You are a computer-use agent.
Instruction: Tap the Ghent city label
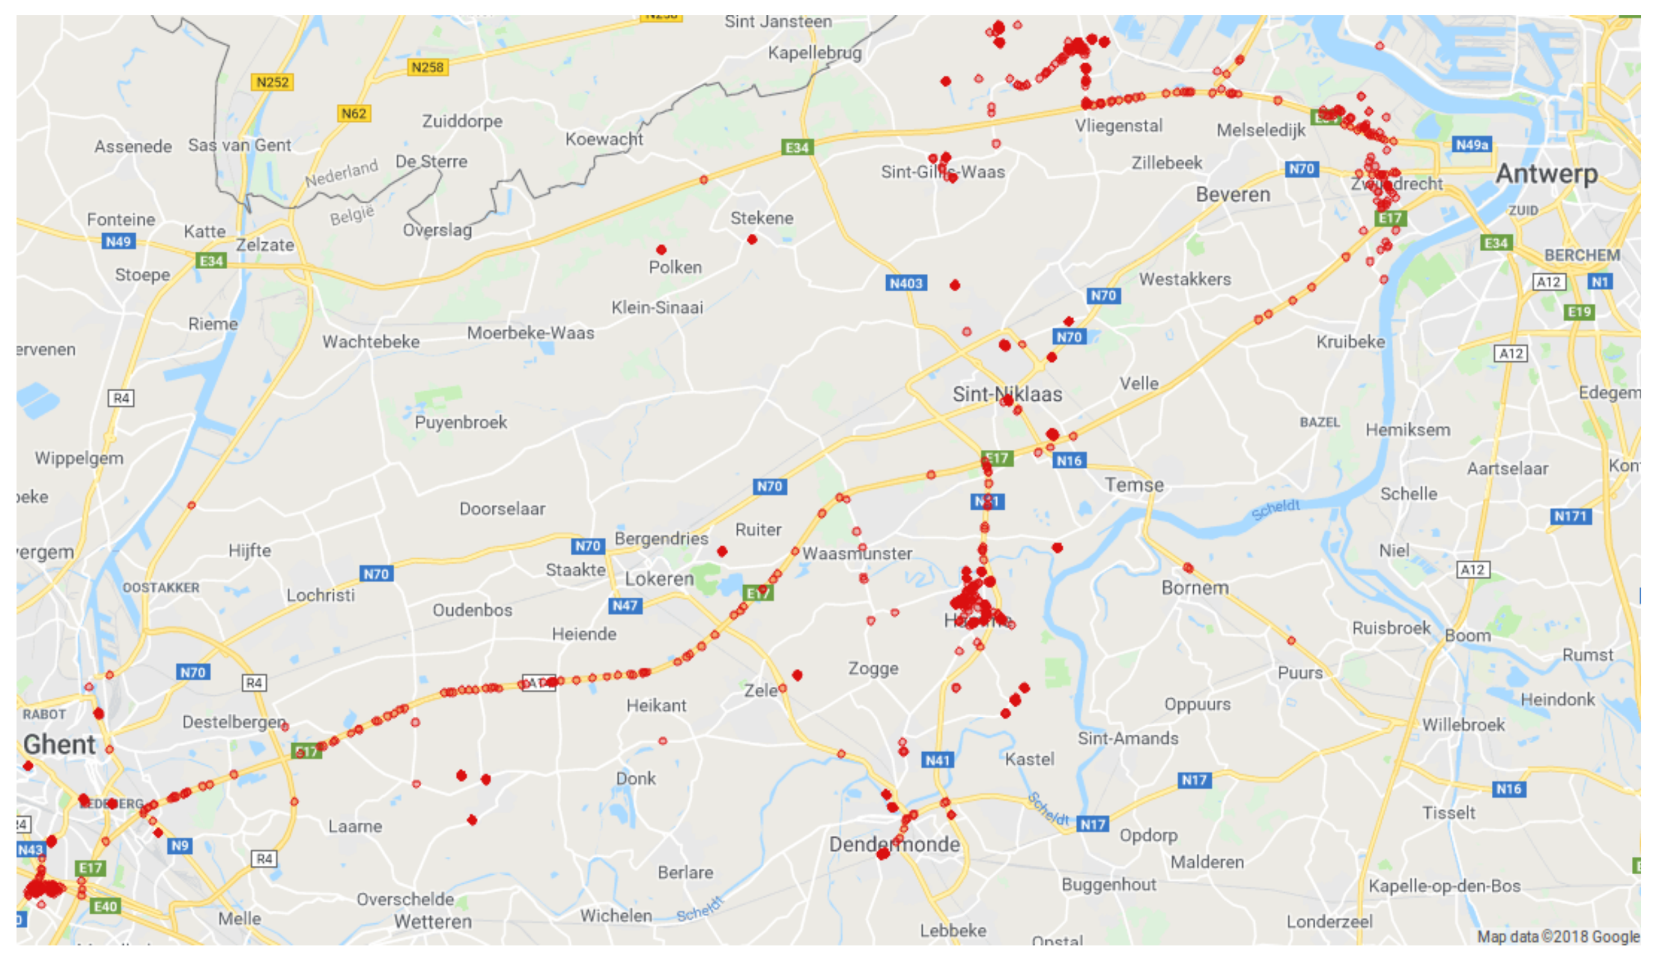tap(60, 745)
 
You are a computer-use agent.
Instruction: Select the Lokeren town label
tap(659, 579)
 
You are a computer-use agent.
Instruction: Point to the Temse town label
tap(1134, 485)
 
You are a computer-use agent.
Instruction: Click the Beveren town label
tap(1233, 194)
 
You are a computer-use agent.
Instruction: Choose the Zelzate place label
tap(265, 245)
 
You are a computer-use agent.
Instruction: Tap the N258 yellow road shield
tap(427, 67)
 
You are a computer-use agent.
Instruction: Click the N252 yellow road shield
tap(272, 82)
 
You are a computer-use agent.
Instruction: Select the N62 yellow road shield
tap(353, 114)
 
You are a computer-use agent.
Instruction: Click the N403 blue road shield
tap(906, 283)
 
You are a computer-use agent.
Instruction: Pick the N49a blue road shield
tap(1471, 144)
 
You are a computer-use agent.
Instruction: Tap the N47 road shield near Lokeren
tap(624, 605)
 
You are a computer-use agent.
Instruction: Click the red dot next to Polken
tap(661, 250)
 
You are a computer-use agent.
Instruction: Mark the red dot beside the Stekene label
tap(752, 239)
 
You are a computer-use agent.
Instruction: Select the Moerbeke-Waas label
tap(530, 333)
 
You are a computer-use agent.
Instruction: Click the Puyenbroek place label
tap(461, 422)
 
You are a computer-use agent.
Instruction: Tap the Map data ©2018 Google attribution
tap(1558, 936)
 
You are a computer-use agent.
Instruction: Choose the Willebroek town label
tap(1463, 725)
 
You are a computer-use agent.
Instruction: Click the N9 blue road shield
tap(180, 846)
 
